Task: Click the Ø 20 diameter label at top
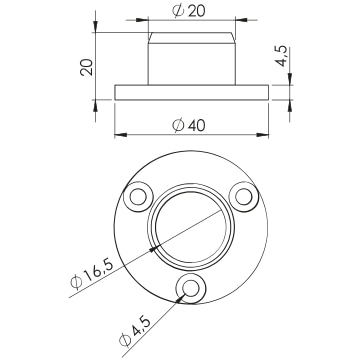(189, 11)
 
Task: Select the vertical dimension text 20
(86, 67)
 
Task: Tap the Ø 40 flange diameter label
(189, 125)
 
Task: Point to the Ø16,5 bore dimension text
(92, 274)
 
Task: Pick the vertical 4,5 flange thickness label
(282, 56)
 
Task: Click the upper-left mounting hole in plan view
(138, 197)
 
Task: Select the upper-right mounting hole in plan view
(244, 197)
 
